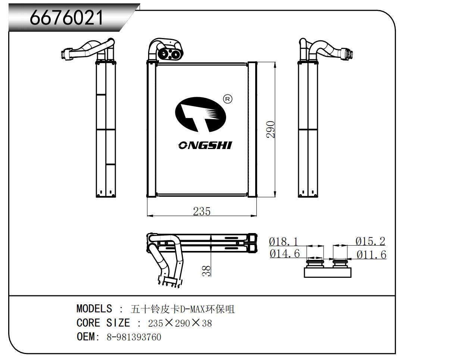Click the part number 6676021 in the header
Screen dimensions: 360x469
click(66, 17)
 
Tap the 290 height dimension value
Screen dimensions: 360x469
click(271, 129)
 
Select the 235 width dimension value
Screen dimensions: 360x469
click(201, 211)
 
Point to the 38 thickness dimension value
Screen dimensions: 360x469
click(206, 270)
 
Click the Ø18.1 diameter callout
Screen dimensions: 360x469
click(284, 241)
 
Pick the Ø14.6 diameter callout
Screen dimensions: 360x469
click(285, 254)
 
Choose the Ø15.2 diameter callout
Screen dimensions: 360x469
click(370, 241)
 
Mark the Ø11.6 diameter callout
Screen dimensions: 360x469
click(371, 255)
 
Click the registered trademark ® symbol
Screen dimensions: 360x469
click(227, 99)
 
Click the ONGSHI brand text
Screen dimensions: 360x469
click(205, 145)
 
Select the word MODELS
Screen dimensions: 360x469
click(94, 309)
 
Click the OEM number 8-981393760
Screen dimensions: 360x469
click(134, 337)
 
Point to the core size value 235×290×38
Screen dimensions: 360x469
click(180, 323)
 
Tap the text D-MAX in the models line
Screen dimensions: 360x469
click(196, 309)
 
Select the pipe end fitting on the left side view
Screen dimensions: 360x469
click(68, 53)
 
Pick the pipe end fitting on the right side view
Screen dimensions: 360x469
click(347, 53)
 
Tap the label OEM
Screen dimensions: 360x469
click(86, 337)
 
